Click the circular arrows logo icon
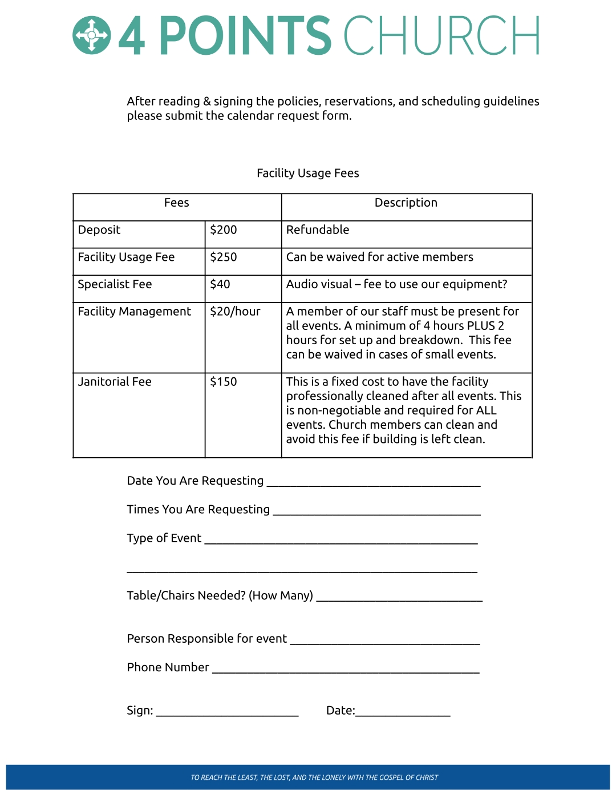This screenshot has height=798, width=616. pos(91,36)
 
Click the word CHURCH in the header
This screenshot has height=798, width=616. pos(441,36)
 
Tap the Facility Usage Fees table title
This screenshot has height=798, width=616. pos(307,173)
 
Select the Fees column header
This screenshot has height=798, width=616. pos(176,203)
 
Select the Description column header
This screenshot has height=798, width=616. pos(406,203)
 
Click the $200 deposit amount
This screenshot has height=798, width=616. pos(223,230)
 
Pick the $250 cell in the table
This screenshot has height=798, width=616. pos(223,257)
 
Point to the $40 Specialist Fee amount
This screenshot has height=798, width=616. pos(220,284)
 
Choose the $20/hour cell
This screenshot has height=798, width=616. pos(235,312)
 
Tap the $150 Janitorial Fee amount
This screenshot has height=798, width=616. pos(223,382)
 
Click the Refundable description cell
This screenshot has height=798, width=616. pos(318,230)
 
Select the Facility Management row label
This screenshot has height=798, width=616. pos(135,312)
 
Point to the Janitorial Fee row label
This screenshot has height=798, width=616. pos(115,382)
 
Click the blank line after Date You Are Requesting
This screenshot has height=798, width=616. pos(374,483)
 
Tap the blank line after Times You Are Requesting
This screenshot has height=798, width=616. pos(376,511)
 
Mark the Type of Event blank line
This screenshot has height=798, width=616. pos(341,540)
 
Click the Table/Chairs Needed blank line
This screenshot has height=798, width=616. pos(399,598)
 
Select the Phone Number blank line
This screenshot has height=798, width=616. pos(346,670)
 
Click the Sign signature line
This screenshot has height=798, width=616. pos(227,712)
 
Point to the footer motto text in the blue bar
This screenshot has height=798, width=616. pos(314,777)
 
